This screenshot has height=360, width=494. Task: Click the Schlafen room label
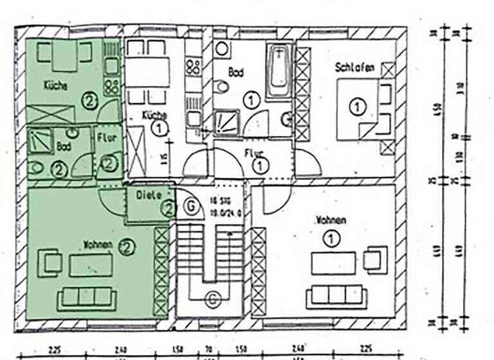click(x=354, y=67)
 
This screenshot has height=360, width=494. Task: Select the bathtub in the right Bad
click(x=279, y=70)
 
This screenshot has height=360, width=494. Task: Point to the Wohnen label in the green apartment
click(x=98, y=245)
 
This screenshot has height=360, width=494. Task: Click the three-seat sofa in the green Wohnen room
click(x=86, y=298)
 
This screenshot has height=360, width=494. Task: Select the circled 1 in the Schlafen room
click(x=357, y=107)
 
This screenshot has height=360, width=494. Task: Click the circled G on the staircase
click(x=212, y=298)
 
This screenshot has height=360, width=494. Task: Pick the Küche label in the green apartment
click(x=55, y=85)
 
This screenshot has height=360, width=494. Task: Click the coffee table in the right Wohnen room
click(x=333, y=262)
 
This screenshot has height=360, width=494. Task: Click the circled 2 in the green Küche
click(x=89, y=100)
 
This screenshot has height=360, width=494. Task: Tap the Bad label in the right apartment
click(x=236, y=74)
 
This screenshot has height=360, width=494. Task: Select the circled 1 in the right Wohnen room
click(x=331, y=240)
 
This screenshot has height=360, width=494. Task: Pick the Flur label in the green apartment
click(x=106, y=138)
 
